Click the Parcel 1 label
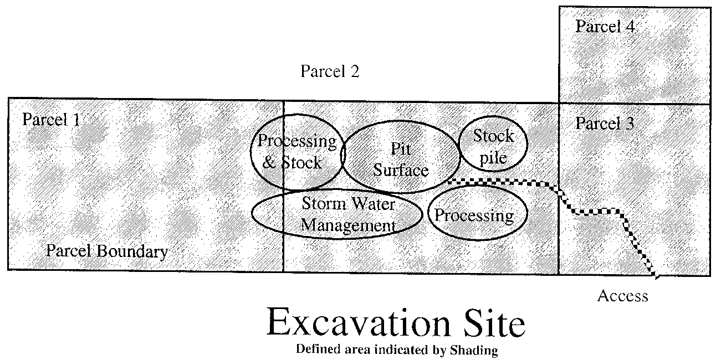tap(50, 120)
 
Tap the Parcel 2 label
tap(330, 71)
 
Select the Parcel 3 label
tap(605, 123)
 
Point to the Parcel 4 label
tap(605, 27)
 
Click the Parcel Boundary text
tap(106, 252)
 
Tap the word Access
tap(622, 296)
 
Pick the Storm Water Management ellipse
tap(337, 215)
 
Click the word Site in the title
tap(492, 323)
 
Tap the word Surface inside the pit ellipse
tap(401, 170)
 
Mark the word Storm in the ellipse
tap(321, 204)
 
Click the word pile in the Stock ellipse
tap(493, 158)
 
